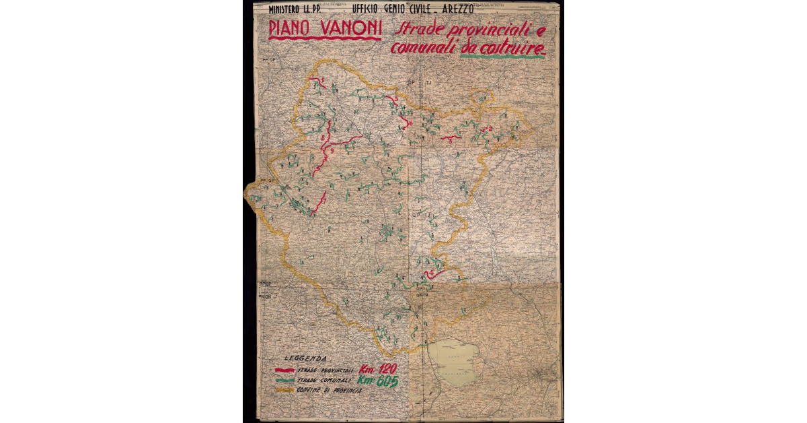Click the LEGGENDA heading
coord(306,358)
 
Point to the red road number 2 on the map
coord(490,128)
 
